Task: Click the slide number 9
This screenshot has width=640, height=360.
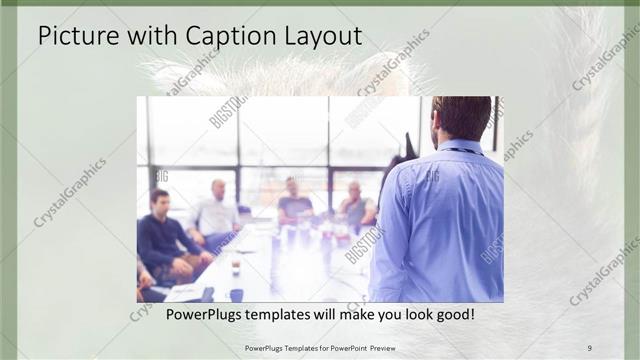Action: coord(590,347)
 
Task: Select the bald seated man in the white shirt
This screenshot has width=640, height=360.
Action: coord(217,212)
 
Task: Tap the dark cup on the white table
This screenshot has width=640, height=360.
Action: coord(236,267)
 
